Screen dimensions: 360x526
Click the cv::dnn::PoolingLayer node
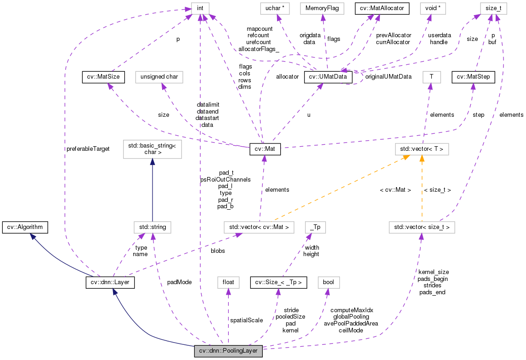pos(228,351)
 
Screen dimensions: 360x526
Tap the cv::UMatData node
pos(328,77)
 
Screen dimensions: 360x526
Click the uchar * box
pos(275,8)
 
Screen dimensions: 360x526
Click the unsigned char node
pos(159,77)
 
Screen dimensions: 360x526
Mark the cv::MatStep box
pos(473,77)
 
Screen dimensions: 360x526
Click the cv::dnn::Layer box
pos(110,282)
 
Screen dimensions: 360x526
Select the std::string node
pos(152,227)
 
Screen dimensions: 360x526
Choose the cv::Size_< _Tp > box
pos(278,282)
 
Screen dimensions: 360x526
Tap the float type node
pos(228,282)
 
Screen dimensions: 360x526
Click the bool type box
pos(328,282)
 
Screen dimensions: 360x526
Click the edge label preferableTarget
pos(88,149)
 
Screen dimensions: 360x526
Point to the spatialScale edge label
pos(247,320)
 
